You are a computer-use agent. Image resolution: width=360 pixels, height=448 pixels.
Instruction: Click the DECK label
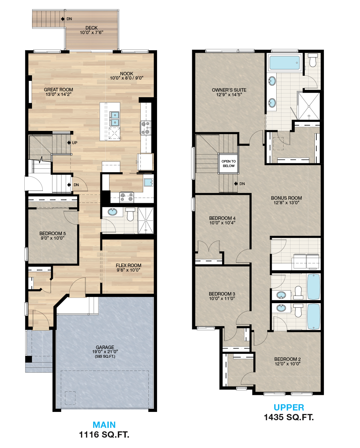click(91, 28)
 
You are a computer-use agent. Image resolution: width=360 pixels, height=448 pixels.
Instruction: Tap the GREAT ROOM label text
click(58, 90)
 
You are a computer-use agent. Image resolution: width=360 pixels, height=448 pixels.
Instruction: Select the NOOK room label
click(127, 74)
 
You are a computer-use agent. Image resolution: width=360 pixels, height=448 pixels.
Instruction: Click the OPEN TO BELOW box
click(229, 164)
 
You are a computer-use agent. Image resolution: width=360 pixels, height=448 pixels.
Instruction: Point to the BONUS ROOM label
click(286, 198)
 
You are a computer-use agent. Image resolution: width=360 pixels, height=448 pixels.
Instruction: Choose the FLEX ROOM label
click(129, 265)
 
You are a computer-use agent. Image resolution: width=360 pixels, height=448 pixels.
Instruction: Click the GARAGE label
click(105, 347)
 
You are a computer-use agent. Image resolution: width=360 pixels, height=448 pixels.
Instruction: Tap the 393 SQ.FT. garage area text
click(105, 356)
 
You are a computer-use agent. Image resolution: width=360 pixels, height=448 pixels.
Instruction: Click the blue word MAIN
click(104, 425)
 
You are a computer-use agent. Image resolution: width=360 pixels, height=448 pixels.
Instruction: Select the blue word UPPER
click(289, 407)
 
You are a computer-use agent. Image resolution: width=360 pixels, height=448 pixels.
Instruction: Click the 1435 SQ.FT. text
click(289, 417)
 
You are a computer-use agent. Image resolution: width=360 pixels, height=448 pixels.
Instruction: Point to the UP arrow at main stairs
click(69, 143)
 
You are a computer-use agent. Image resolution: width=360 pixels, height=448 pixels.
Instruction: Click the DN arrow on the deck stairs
click(63, 19)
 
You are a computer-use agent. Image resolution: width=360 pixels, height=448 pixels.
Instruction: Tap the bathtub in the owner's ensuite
click(284, 63)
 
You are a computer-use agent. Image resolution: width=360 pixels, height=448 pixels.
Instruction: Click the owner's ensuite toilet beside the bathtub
click(313, 60)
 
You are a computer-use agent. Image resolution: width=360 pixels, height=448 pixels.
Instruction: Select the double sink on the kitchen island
click(114, 119)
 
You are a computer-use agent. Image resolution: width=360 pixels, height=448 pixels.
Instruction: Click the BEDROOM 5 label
click(52, 234)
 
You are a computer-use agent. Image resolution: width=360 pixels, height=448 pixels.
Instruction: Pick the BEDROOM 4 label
click(222, 218)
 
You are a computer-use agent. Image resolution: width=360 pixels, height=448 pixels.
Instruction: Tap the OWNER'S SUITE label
click(229, 90)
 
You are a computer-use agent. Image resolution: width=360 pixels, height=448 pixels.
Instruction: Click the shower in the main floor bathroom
click(146, 220)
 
